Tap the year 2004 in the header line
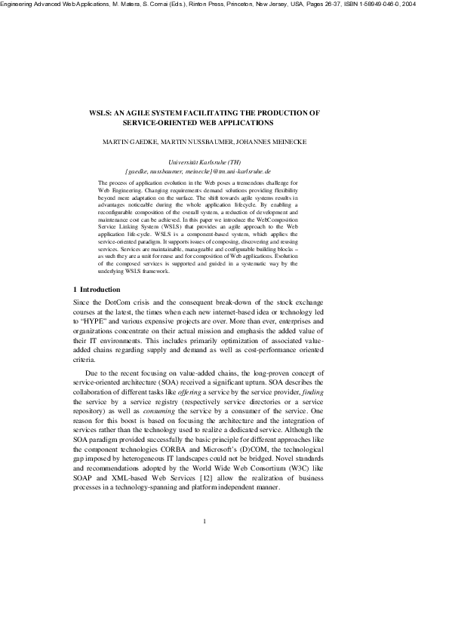[x=436, y=5]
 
